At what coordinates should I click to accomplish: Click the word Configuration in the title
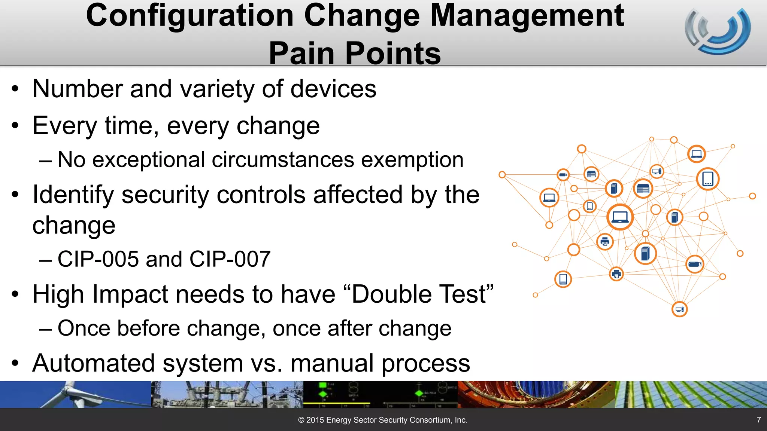(x=190, y=16)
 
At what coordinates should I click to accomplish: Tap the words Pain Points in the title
(x=355, y=53)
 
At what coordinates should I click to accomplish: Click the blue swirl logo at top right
(x=718, y=31)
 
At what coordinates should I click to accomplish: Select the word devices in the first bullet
(x=333, y=89)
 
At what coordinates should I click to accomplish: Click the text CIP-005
(x=98, y=259)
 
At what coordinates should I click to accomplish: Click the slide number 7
(x=759, y=420)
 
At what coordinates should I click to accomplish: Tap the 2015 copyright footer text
(x=382, y=420)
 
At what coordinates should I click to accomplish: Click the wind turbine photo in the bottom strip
(x=75, y=394)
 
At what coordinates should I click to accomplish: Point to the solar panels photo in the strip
(x=691, y=394)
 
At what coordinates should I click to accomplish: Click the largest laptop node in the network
(x=620, y=217)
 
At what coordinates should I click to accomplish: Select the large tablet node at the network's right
(x=707, y=179)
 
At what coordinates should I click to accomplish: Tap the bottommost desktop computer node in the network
(x=679, y=309)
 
